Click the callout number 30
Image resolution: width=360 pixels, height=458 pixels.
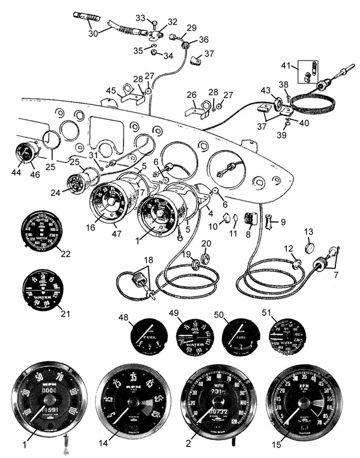coord(93,34)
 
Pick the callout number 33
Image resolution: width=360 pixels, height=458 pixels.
coord(140,19)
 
